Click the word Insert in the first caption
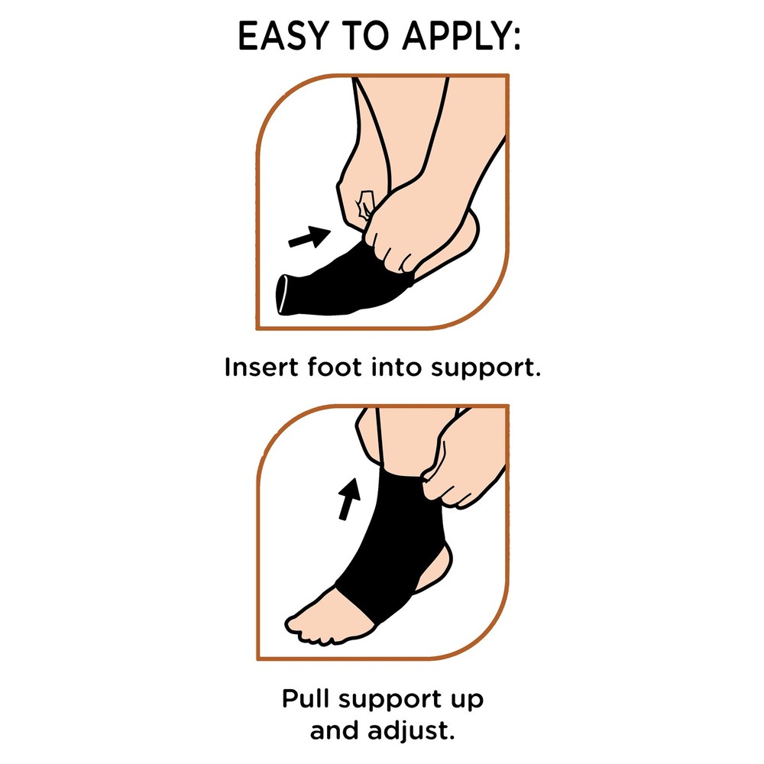point(254,367)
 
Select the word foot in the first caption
point(329,367)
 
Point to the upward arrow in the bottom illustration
point(348,496)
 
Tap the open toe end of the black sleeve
point(287,295)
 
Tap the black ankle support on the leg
point(382,535)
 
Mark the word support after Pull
point(393,701)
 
